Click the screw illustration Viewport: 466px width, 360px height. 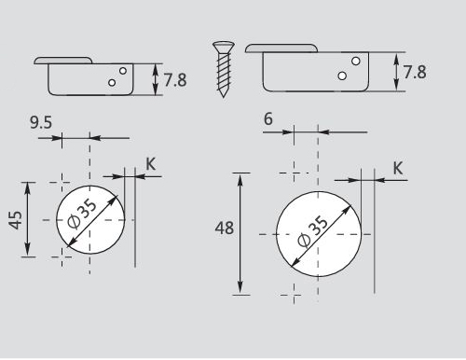(224, 69)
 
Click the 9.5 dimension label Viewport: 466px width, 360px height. (41, 122)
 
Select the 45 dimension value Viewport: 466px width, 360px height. (16, 220)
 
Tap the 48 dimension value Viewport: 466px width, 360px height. (225, 228)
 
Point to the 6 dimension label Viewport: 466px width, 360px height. (268, 119)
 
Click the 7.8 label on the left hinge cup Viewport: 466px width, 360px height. (175, 80)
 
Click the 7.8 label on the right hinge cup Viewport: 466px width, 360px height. (415, 72)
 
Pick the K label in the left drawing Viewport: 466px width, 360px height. (151, 164)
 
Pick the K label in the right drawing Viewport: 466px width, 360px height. (398, 168)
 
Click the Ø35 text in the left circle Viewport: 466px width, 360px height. (82, 215)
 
